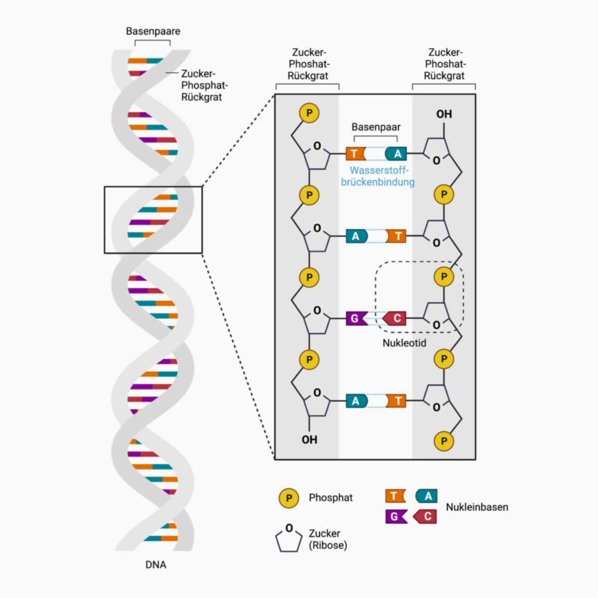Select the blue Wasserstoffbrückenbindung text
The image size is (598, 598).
(382, 176)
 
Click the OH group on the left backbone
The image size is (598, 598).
(310, 439)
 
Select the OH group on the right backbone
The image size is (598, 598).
(444, 115)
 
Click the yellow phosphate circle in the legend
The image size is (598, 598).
(289, 498)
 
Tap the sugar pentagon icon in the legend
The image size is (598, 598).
(289, 539)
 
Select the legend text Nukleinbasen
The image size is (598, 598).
(477, 506)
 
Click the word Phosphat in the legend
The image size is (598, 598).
(330, 498)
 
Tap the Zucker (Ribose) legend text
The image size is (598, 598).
(328, 539)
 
